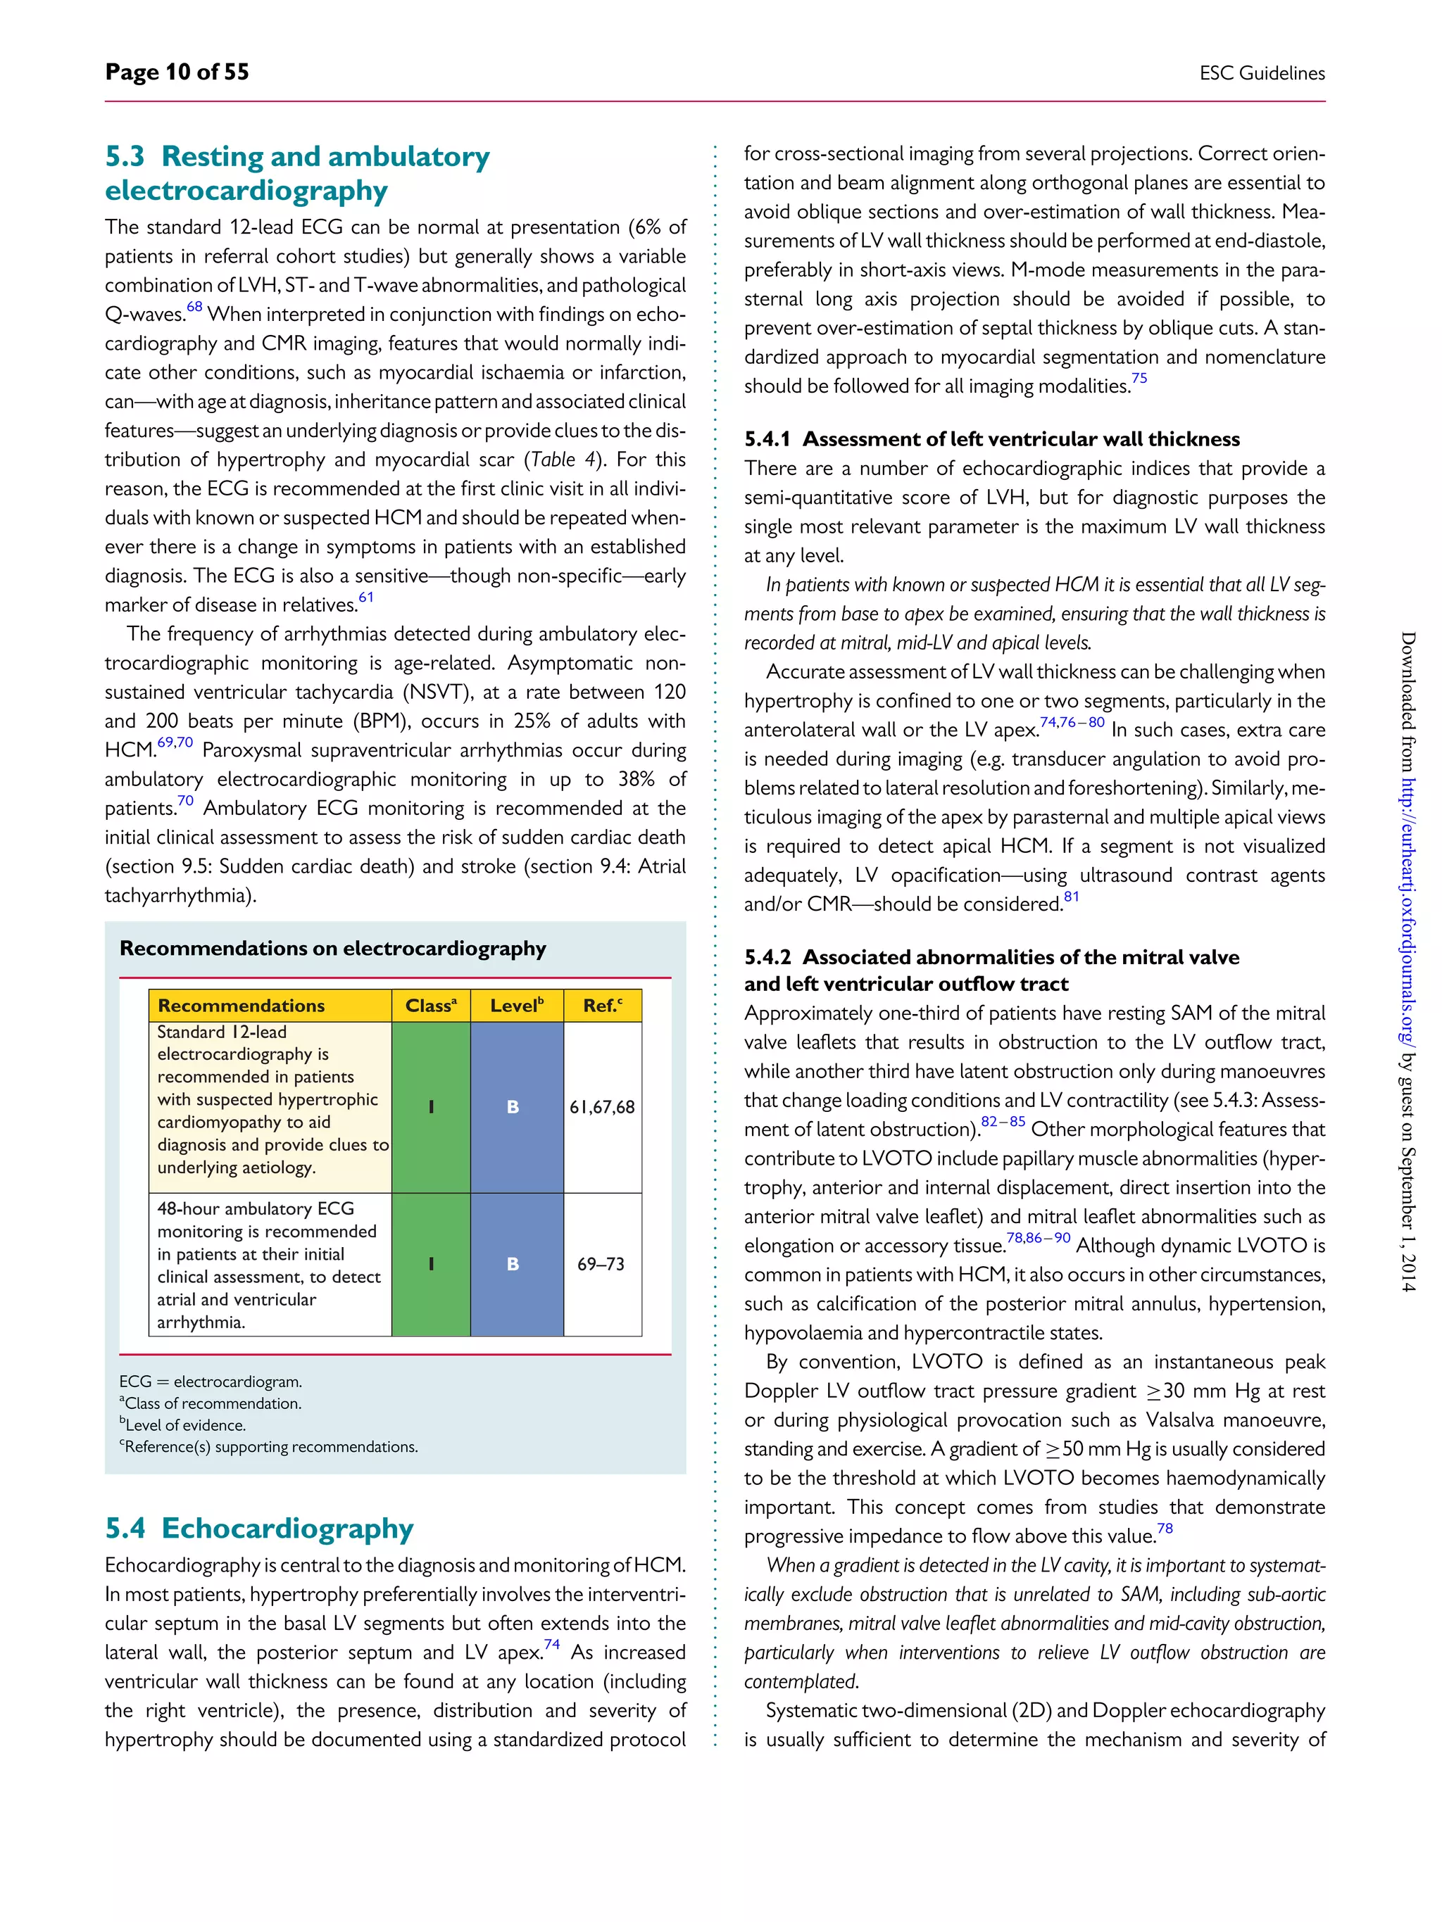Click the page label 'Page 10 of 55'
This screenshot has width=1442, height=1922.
click(177, 72)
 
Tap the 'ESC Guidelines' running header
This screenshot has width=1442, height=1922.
click(1261, 74)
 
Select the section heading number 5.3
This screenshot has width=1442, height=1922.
click(125, 156)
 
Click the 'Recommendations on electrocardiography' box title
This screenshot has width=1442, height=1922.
click(332, 948)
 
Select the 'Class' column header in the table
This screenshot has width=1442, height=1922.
click(430, 1005)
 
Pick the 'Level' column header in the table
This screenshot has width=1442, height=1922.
click(516, 1005)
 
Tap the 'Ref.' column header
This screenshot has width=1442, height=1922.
click(601, 1005)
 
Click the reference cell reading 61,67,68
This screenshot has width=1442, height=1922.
click(601, 1107)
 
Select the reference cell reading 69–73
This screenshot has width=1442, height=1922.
click(601, 1264)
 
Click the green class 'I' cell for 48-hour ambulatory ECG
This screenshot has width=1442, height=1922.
click(431, 1264)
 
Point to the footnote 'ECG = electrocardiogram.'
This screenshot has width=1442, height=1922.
click(211, 1382)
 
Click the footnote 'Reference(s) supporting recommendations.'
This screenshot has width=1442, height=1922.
click(270, 1447)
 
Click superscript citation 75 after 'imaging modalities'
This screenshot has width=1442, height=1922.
click(1139, 379)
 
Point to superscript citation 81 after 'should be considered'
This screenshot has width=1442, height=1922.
click(1071, 897)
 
